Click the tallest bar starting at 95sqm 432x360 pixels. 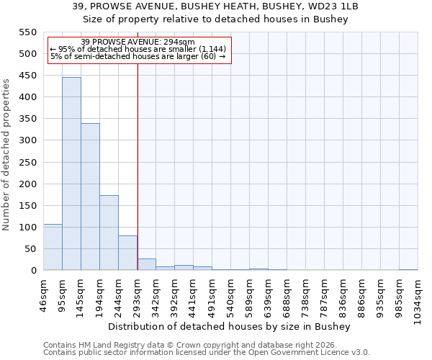(71, 174)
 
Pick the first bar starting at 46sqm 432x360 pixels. (53, 247)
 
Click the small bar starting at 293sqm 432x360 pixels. (146, 264)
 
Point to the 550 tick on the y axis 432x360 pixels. (27, 32)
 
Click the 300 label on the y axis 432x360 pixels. (27, 140)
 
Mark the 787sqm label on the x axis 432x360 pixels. (324, 294)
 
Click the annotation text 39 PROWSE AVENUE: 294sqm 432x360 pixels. (138, 42)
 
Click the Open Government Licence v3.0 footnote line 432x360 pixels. (207, 352)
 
